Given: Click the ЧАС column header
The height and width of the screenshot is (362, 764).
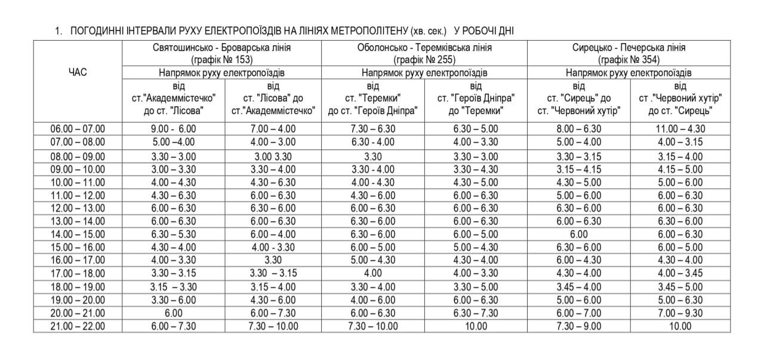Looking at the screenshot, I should tap(78, 72).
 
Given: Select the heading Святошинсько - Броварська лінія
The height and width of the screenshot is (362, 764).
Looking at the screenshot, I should tap(221, 48).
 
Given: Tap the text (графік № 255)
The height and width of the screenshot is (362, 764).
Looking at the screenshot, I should tap(424, 60).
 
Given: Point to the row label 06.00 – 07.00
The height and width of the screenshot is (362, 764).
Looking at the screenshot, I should tap(78, 128).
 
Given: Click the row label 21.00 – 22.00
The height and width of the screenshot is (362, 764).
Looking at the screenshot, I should tap(78, 326).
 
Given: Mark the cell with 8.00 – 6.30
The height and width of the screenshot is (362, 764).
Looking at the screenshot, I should tap(578, 128).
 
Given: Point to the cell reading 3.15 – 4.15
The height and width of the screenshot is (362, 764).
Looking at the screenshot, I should tap(578, 169).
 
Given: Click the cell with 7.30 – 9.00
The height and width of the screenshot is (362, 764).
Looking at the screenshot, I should tap(578, 326).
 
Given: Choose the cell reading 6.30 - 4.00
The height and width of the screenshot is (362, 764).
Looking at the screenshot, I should tap(372, 142).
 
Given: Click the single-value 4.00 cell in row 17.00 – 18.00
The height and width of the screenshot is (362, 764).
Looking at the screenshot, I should tap(372, 274).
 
